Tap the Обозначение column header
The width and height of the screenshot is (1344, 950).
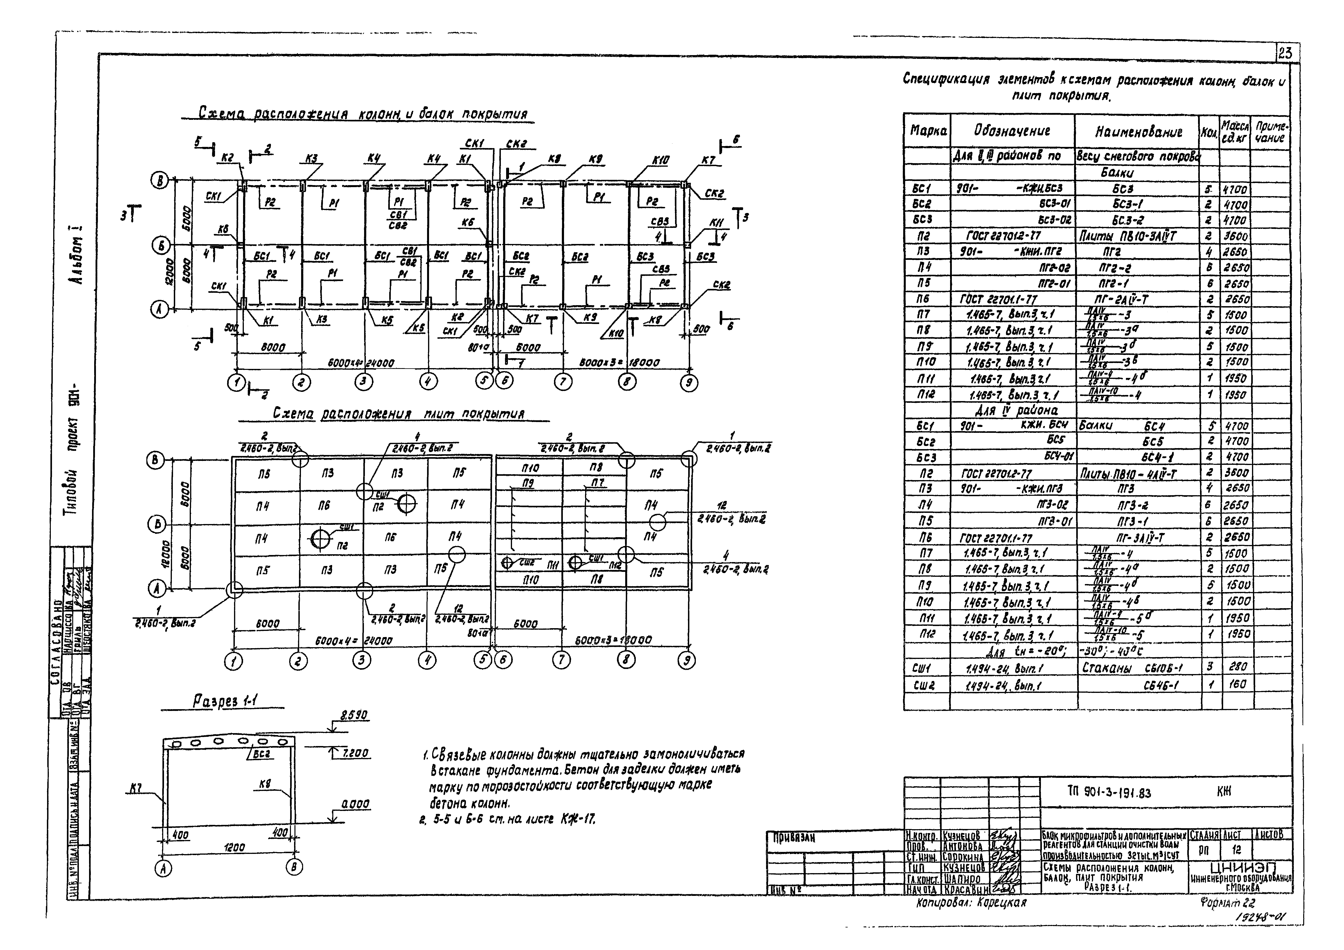pyautogui.click(x=1012, y=131)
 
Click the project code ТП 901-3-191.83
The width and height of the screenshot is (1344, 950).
pyautogui.click(x=1109, y=793)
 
